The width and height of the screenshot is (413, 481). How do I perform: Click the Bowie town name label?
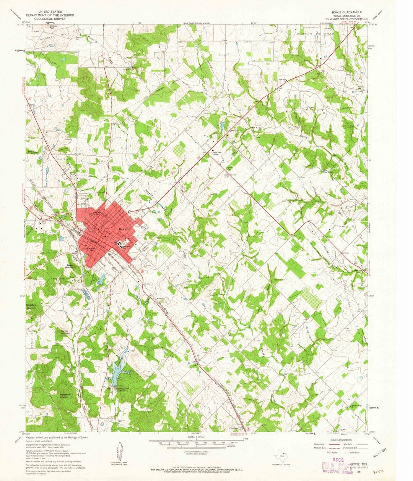pyautogui.click(x=123, y=229)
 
